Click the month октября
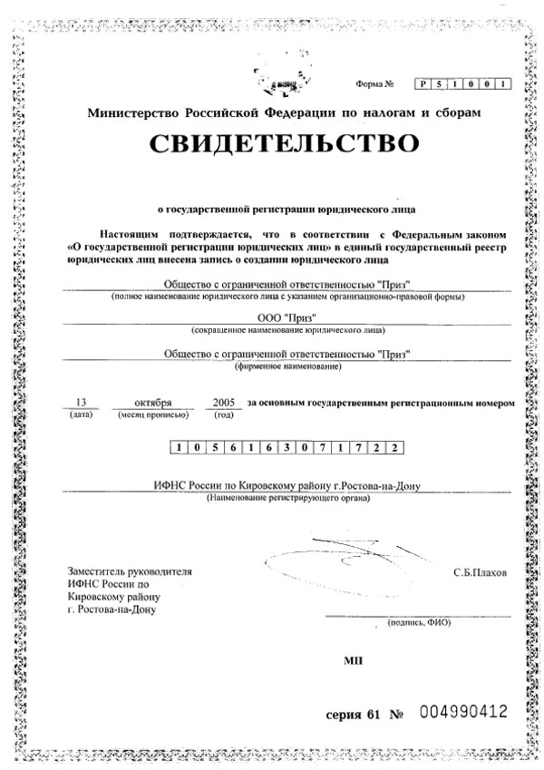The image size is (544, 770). point(151,400)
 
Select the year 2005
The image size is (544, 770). point(222,400)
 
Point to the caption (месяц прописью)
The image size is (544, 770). point(152,414)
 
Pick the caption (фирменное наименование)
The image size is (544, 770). point(287,366)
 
